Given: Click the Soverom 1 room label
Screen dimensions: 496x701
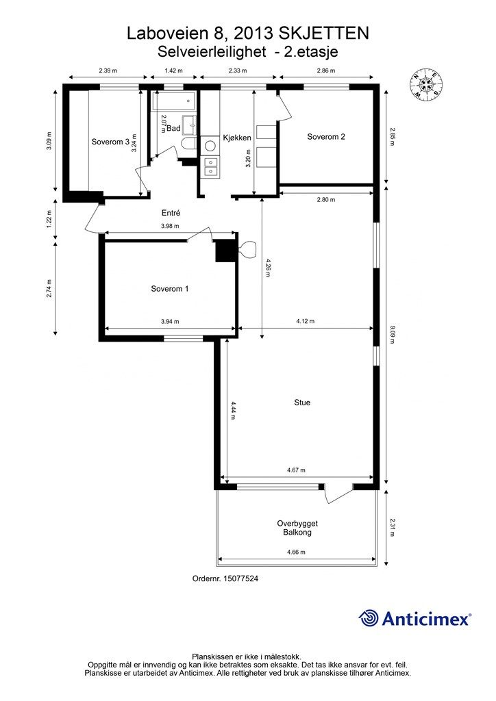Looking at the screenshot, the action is click(169, 289).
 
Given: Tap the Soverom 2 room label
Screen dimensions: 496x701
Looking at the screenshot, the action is click(326, 137).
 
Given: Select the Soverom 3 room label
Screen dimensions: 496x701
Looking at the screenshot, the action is click(110, 142).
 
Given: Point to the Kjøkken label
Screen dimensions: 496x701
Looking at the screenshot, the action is click(237, 138).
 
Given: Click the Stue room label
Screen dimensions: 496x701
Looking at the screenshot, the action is click(302, 403).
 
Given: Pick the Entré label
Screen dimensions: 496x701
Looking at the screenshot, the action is click(171, 214).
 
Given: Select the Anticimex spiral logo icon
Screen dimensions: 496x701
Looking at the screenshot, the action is click(368, 618).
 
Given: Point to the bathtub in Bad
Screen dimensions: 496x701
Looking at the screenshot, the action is click(174, 101).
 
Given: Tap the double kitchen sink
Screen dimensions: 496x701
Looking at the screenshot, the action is click(210, 166).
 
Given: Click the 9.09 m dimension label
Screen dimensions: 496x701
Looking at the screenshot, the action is click(393, 334).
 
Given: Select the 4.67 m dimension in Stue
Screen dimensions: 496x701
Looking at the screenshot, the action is click(296, 470).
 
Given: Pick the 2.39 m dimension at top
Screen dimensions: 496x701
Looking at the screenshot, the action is click(108, 71).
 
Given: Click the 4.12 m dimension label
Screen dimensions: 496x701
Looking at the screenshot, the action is click(306, 321).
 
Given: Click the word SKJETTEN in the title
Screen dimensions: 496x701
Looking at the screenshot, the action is click(324, 33).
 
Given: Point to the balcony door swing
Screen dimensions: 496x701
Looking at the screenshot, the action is click(338, 494).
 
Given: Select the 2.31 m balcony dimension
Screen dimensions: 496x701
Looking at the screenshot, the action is click(393, 527).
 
